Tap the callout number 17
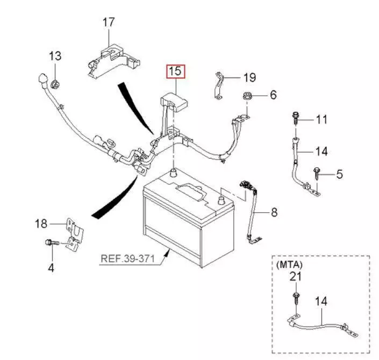[109, 23]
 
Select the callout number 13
[55, 56]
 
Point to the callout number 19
[249, 78]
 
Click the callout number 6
[273, 95]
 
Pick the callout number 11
[321, 119]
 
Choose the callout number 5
[339, 174]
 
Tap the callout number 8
[274, 213]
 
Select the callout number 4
[51, 267]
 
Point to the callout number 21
[296, 277]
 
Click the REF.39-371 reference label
[127, 259]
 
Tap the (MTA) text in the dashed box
[289, 264]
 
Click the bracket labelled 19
[219, 86]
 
